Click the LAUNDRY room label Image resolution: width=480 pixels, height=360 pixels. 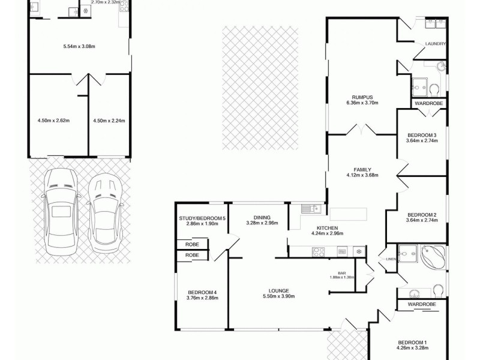coord(435,44)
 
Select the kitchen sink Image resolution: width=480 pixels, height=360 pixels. coord(310,209)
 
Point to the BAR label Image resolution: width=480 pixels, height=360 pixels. coord(342,273)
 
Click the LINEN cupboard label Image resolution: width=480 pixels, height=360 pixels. coord(391,259)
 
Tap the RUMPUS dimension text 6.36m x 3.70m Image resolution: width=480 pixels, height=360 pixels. coord(363,103)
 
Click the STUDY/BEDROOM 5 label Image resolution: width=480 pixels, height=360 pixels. coord(202,218)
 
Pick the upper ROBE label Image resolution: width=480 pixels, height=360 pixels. coord(192,244)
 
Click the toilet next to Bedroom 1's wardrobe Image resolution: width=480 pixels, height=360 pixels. coord(438,291)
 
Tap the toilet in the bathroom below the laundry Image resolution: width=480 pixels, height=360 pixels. coord(434,90)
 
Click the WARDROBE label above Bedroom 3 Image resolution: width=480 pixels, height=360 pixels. coord(429,104)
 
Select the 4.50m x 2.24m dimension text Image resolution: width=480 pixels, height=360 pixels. coord(109,120)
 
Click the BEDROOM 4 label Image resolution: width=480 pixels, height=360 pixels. coord(201,292)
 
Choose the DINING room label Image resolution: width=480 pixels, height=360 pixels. coord(262,218)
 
